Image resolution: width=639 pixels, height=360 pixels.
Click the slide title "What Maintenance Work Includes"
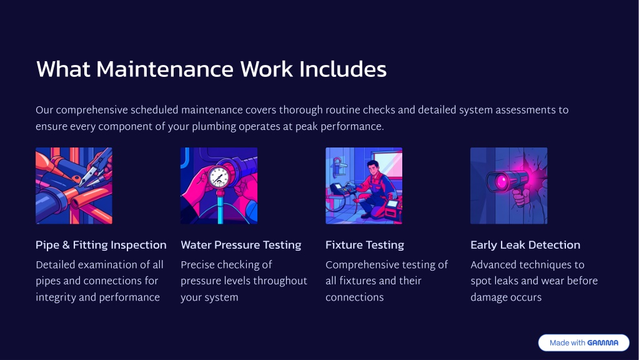pos(211,69)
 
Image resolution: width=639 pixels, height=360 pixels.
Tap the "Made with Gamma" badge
pos(583,343)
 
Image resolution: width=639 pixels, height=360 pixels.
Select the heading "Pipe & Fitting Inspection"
pos(101,245)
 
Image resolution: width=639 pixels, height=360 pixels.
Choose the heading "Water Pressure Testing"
pos(241,245)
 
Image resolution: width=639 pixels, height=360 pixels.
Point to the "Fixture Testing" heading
pos(365,245)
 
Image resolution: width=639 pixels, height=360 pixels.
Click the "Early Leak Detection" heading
pos(525,245)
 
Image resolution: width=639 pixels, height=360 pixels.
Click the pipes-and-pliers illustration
pos(74,186)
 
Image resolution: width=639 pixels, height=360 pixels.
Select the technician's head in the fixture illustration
pos(374,167)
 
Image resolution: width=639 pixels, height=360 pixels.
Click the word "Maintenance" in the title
pos(165,69)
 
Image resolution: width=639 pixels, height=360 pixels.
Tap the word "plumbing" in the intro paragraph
pos(214,127)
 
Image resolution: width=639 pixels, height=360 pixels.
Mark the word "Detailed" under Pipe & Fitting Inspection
pos(56,265)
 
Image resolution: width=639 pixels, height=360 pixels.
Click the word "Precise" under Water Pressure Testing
pos(197,265)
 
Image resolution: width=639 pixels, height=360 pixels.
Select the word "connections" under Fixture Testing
pos(355,297)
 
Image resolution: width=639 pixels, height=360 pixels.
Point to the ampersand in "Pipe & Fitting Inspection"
pos(66,245)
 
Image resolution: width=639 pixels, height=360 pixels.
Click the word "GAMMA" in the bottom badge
pos(603,343)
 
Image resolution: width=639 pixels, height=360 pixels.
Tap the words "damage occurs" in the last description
pos(506,297)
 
